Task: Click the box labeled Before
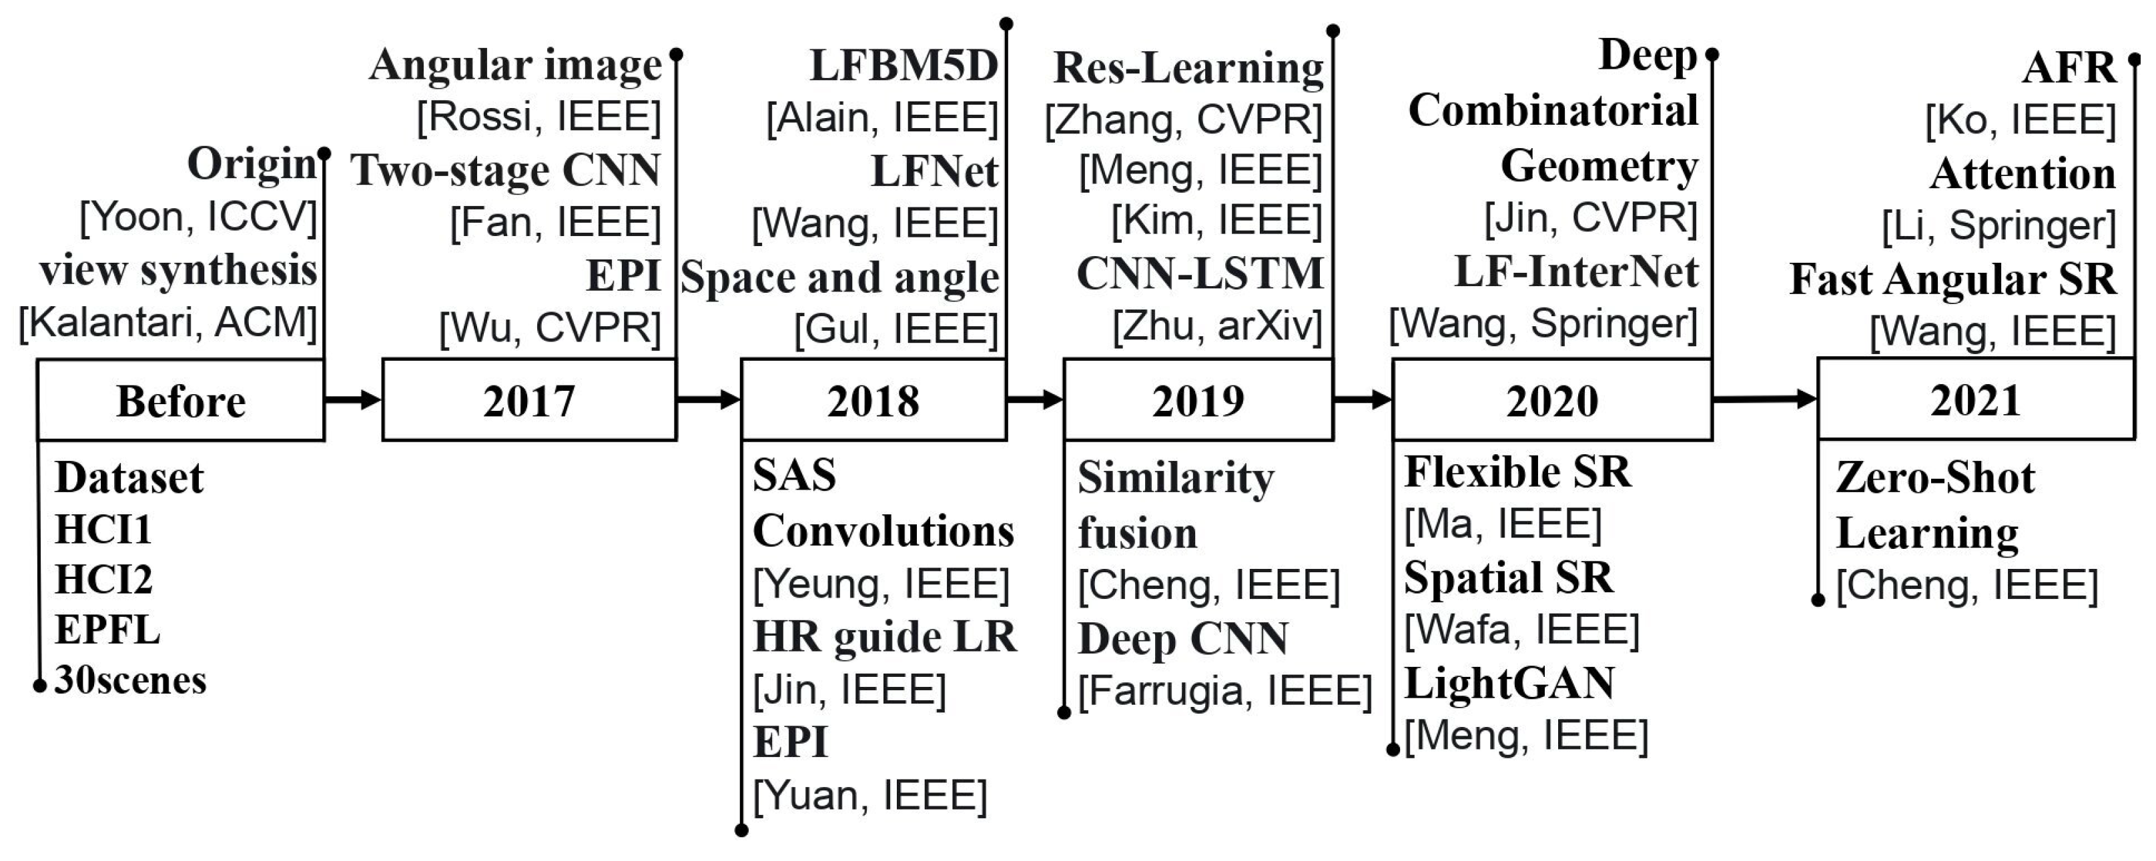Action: pyautogui.click(x=181, y=401)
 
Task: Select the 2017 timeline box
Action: pyautogui.click(x=529, y=401)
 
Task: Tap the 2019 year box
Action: pyautogui.click(x=1198, y=401)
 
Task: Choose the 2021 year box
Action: pyautogui.click(x=1975, y=399)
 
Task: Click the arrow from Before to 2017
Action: pyautogui.click(x=352, y=400)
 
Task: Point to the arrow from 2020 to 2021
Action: pyautogui.click(x=1764, y=399)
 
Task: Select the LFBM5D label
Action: pyautogui.click(x=904, y=65)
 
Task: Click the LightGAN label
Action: pyautogui.click(x=1509, y=684)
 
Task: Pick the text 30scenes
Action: pyautogui.click(x=131, y=680)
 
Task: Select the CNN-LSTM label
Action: pyautogui.click(x=1199, y=273)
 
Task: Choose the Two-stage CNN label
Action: pyautogui.click(x=506, y=170)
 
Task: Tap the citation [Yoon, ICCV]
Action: pyautogui.click(x=198, y=217)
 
